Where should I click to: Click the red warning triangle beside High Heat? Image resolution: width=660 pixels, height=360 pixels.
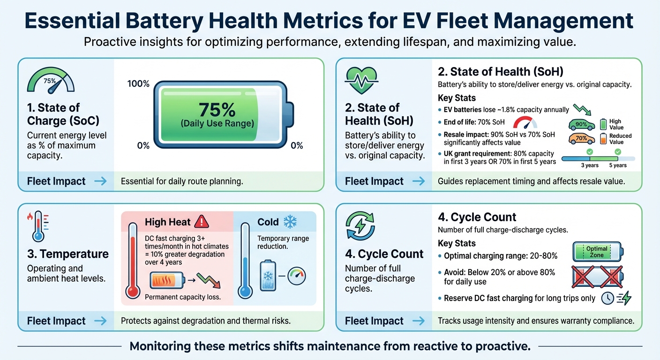tap(201, 221)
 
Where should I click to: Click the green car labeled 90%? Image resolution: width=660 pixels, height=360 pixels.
tap(581, 125)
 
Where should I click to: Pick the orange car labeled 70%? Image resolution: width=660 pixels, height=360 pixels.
tap(581, 139)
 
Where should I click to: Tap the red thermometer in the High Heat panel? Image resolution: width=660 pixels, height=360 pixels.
tap(133, 260)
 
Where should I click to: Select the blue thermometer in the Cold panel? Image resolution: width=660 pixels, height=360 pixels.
tap(244, 260)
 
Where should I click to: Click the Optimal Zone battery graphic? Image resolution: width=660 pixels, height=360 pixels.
tap(598, 252)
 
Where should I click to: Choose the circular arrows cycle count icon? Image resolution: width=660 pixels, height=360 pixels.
tap(360, 225)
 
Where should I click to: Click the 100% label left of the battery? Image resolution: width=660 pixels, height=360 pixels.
tap(138, 84)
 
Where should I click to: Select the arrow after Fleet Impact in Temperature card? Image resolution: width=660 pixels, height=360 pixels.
tap(100, 321)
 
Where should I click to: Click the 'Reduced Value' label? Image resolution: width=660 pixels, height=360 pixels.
tap(620, 139)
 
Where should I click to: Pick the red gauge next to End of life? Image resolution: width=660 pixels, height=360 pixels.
tap(525, 123)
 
